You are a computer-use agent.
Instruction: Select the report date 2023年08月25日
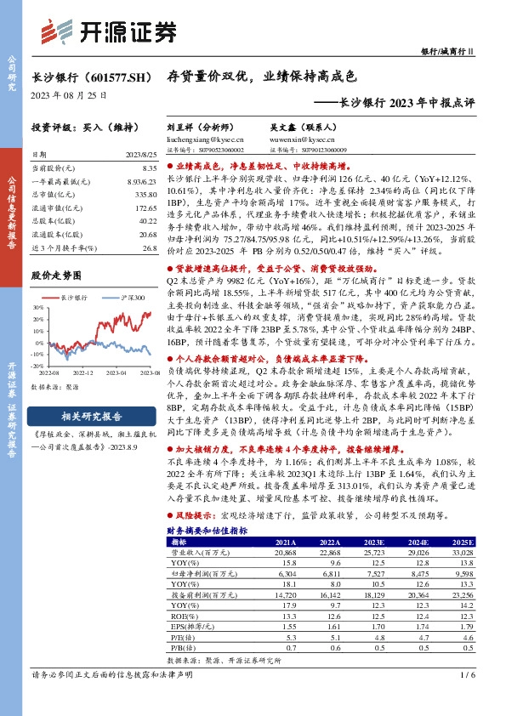pyautogui.click(x=69, y=95)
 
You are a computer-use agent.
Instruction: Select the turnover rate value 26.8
pyautogui.click(x=150, y=247)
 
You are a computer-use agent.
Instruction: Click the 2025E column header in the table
pyautogui.click(x=464, y=541)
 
